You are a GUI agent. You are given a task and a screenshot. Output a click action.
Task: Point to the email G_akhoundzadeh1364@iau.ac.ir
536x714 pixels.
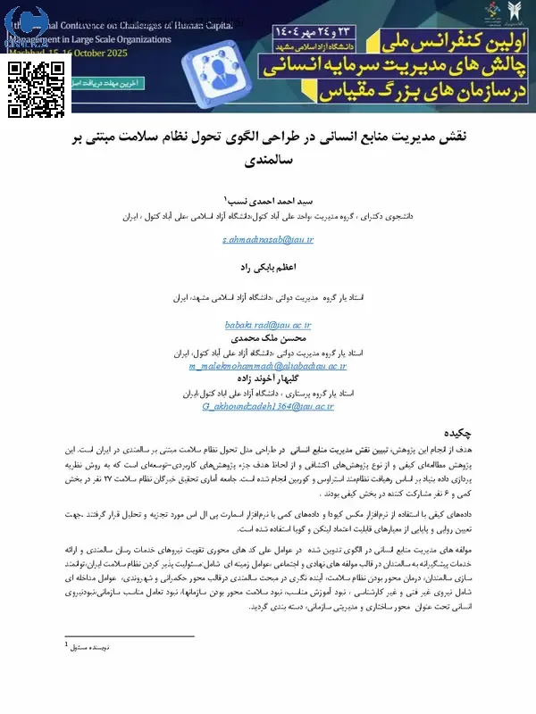click(268, 406)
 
